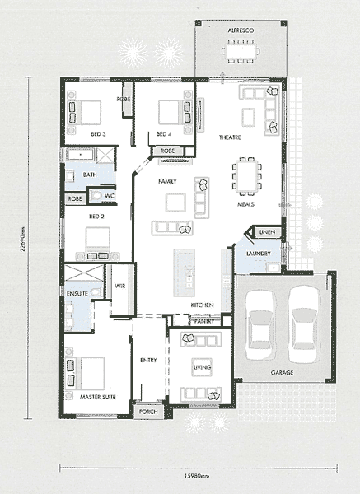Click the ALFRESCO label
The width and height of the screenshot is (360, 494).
(241, 30)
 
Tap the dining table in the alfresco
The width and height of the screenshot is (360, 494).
(241, 51)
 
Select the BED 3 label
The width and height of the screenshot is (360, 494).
(98, 134)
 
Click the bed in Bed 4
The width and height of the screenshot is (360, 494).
(172, 112)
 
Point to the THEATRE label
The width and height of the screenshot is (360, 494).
(230, 137)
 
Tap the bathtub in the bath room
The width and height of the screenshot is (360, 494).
(81, 155)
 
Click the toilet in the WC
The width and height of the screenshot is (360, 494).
(96, 196)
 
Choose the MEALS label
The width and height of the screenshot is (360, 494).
(245, 204)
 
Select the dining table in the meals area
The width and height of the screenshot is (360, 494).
(247, 176)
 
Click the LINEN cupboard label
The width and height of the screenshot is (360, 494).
(267, 232)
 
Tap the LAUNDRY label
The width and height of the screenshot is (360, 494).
(259, 254)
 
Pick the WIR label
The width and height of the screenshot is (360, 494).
(119, 286)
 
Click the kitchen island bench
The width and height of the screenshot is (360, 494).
(184, 273)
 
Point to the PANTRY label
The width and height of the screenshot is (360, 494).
(204, 321)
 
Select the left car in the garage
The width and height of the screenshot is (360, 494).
(260, 325)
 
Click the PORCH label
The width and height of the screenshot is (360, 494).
(148, 412)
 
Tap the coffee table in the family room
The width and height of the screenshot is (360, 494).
(175, 203)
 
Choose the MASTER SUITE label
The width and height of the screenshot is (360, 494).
(98, 398)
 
